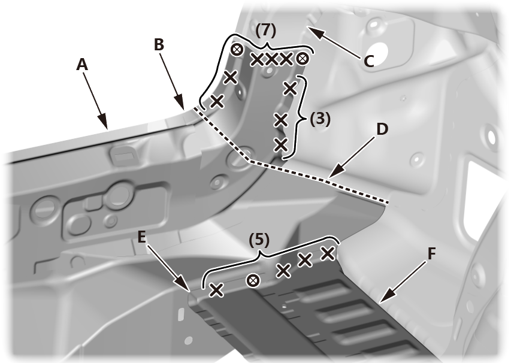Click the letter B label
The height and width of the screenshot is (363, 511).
coord(158,45)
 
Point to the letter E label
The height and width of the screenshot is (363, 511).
coord(141,237)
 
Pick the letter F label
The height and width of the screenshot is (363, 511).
coord(431,253)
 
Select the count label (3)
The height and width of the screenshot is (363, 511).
coord(320,119)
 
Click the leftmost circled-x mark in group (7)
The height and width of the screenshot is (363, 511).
coord(237,49)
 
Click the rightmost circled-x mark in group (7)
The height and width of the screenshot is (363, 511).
coord(303,58)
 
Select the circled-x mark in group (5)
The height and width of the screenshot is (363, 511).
coord(253,280)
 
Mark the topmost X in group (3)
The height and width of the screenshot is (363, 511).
coord(291,89)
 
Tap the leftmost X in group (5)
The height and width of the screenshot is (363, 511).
coord(216,291)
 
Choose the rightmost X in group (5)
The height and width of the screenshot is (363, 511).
coord(327,253)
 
